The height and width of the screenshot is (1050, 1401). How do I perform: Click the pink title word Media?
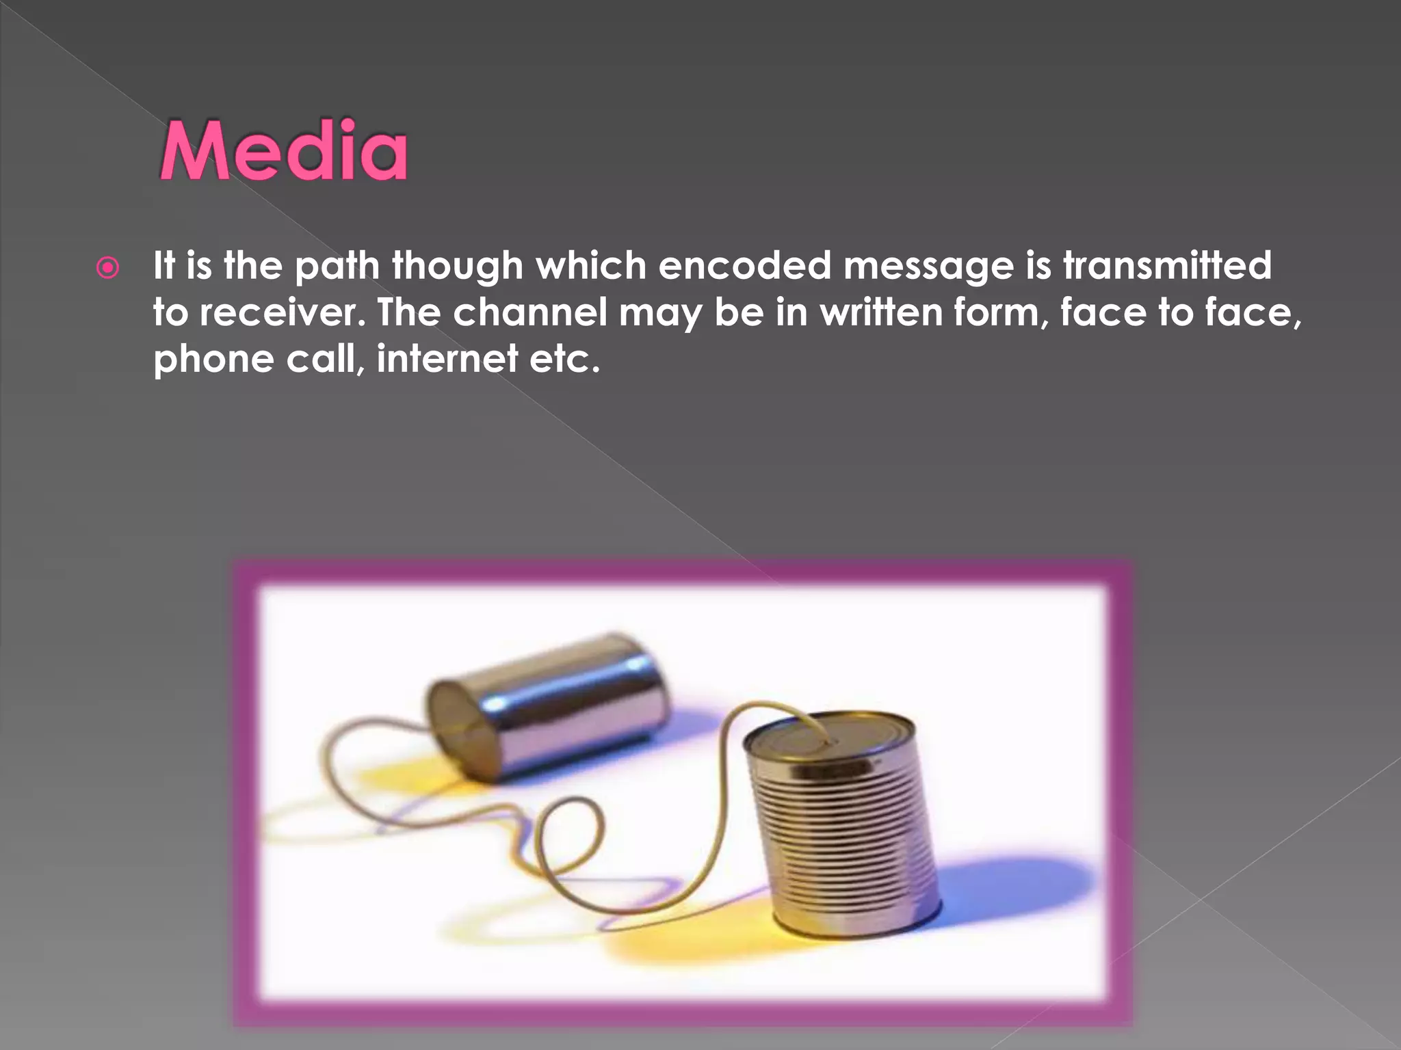click(284, 151)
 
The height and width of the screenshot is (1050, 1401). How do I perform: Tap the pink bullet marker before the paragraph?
click(108, 268)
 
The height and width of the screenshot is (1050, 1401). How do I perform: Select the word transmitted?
click(1167, 265)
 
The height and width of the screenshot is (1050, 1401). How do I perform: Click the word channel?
click(529, 313)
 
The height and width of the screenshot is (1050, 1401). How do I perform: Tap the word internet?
click(447, 359)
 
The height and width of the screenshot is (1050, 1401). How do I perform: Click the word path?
click(337, 267)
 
